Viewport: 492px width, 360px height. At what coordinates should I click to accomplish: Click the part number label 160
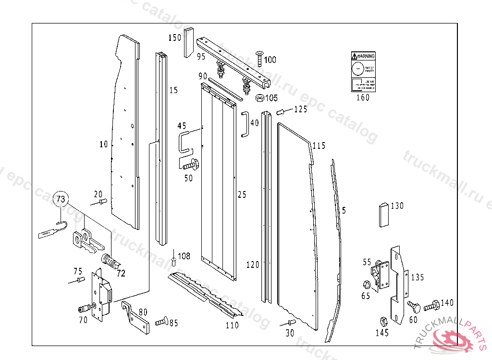362,98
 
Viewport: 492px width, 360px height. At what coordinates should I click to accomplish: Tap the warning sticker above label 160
362,72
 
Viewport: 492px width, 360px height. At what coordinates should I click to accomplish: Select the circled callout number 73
61,198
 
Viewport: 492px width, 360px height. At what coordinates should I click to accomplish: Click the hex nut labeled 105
259,98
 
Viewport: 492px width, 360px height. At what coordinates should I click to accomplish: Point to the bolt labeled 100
258,58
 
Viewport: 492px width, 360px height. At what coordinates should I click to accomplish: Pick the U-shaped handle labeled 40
245,124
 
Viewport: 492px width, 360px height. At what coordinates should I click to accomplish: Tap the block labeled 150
188,43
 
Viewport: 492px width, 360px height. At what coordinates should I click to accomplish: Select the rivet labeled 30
290,322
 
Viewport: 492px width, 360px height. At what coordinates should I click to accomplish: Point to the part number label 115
319,145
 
